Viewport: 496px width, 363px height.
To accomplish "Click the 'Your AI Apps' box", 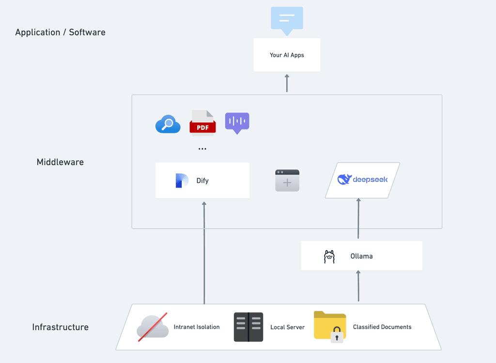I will [287, 55].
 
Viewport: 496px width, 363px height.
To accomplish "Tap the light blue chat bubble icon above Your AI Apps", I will [287, 20].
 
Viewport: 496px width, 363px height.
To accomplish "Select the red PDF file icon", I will [202, 123].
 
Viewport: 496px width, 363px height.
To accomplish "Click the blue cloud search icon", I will [168, 124].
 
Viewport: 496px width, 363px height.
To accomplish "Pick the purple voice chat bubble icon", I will [237, 123].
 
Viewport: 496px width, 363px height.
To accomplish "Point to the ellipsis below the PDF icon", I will [202, 149].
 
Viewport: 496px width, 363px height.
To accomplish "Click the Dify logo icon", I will [182, 180].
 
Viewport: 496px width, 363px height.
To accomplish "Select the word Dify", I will [202, 181].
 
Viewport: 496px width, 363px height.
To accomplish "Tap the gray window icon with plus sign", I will [287, 180].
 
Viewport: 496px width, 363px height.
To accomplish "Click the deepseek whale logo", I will [344, 179].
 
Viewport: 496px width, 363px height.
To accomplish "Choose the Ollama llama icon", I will [329, 256].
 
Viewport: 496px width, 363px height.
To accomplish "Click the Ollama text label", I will [361, 256].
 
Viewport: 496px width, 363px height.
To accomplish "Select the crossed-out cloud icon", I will [153, 327].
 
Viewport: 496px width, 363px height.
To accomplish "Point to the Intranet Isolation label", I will [197, 327].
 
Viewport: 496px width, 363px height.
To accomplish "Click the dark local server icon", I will [248, 327].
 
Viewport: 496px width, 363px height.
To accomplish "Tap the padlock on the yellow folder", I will [337, 335].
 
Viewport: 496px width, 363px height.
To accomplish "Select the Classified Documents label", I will [382, 327].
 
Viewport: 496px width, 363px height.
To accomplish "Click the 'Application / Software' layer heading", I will [60, 32].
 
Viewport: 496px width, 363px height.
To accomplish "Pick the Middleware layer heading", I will [60, 162].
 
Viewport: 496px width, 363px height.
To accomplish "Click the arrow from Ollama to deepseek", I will [358, 218].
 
